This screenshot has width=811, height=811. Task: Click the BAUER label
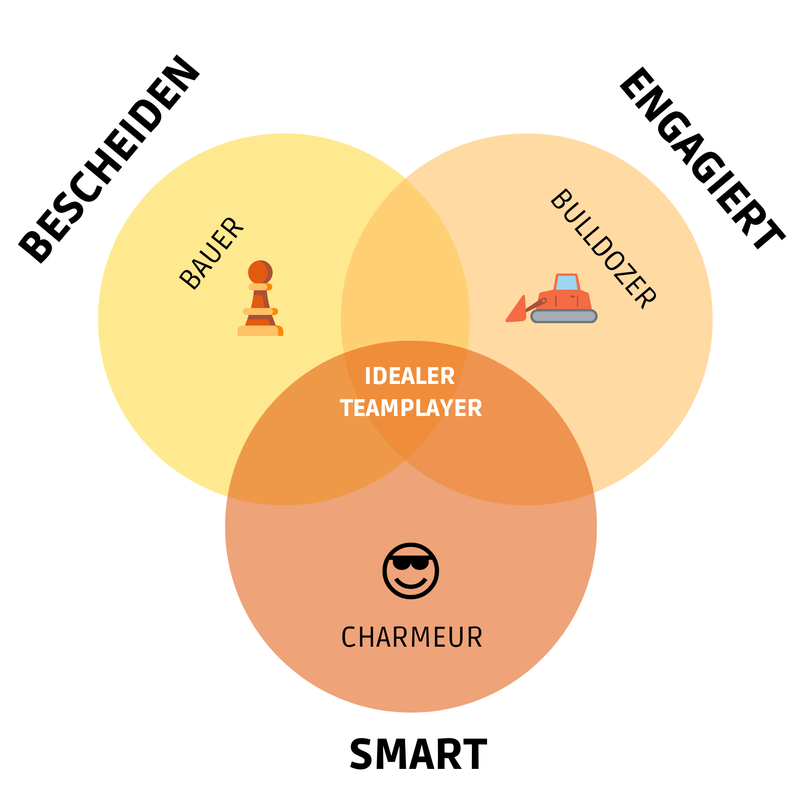(211, 253)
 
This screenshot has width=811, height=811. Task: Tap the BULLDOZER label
(603, 249)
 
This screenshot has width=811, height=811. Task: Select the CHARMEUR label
(411, 638)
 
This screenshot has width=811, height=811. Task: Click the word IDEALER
(410, 376)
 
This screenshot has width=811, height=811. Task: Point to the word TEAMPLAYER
(411, 408)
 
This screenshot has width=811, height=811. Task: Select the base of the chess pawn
(260, 330)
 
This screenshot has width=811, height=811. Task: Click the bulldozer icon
(552, 299)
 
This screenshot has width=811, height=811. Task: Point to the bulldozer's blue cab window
(567, 282)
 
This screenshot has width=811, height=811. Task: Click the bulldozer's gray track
(564, 316)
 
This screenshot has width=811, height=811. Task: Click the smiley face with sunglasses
(411, 571)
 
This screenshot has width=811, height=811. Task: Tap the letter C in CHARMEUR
(349, 638)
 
